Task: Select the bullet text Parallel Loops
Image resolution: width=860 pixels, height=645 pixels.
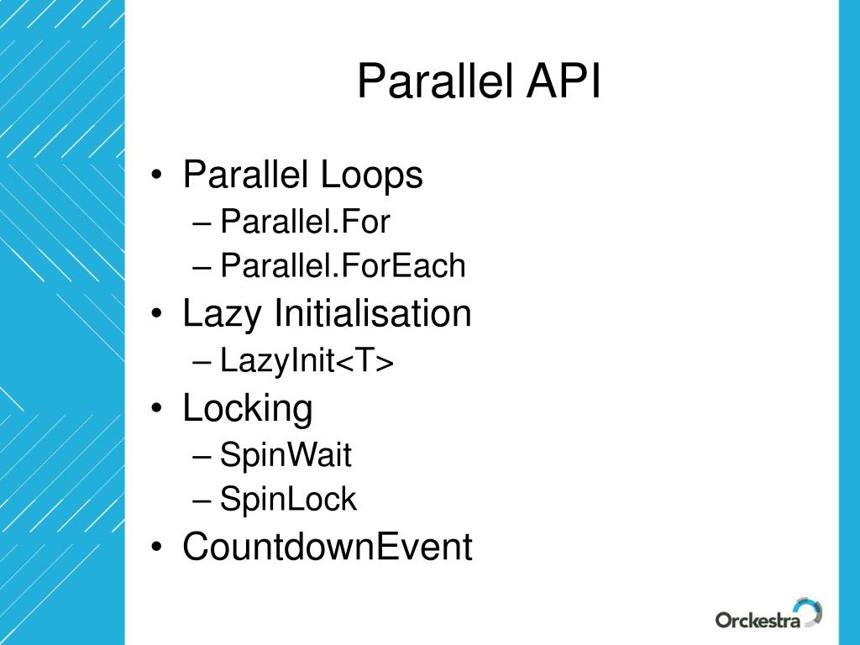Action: click(x=302, y=176)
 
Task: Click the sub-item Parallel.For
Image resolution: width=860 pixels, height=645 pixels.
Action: click(x=305, y=223)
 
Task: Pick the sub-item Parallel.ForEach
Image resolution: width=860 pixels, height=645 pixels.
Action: click(x=342, y=266)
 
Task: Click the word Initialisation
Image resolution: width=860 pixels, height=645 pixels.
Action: click(x=372, y=314)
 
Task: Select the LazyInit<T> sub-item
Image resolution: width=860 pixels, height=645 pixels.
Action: click(x=307, y=361)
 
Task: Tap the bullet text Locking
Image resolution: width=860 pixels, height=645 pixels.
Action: click(x=248, y=409)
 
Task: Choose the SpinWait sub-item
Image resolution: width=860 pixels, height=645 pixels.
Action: click(x=286, y=456)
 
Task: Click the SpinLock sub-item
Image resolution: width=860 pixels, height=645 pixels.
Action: click(x=288, y=500)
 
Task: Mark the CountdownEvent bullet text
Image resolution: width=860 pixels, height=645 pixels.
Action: click(x=328, y=548)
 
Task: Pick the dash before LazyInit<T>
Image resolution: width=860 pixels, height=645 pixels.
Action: click(x=202, y=363)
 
